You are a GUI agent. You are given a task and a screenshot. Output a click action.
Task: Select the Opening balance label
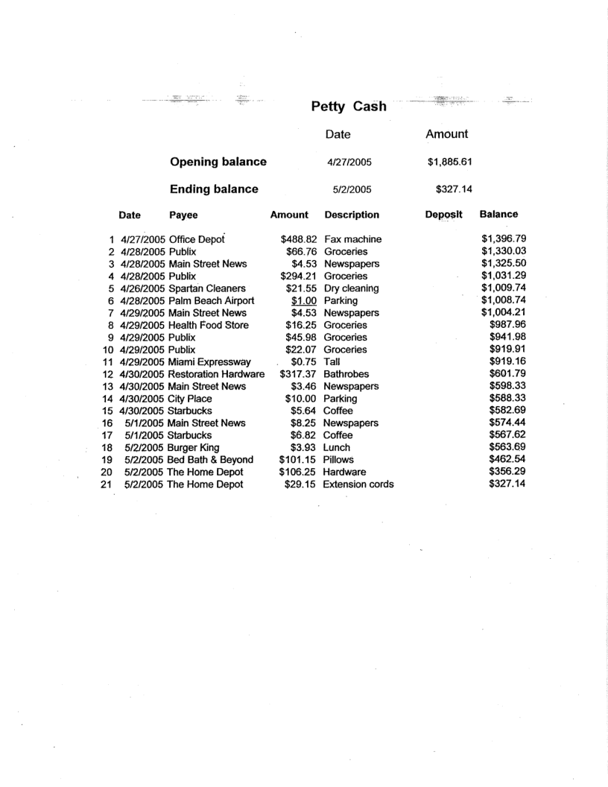click(x=218, y=162)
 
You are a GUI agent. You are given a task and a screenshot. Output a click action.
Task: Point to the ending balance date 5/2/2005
click(x=349, y=189)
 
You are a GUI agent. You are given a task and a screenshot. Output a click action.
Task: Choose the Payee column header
click(x=185, y=215)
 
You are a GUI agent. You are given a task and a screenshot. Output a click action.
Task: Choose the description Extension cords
click(x=359, y=484)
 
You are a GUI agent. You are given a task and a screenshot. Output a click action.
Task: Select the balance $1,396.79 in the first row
click(x=504, y=239)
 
